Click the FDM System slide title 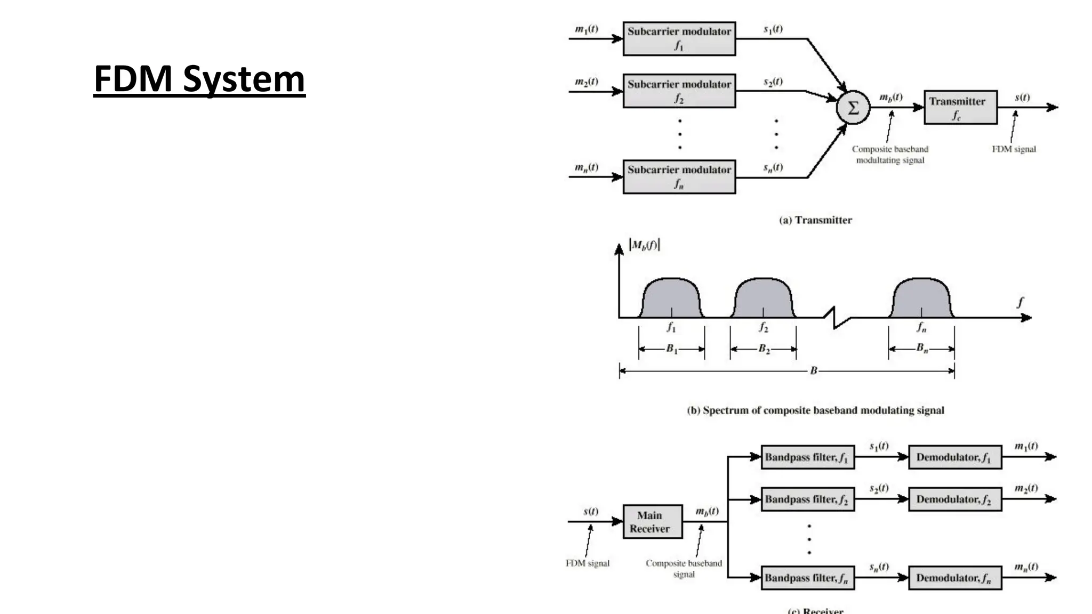coord(199,79)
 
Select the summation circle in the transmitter coord(853,108)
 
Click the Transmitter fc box coord(960,107)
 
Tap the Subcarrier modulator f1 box coord(679,38)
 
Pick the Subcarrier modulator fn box coord(679,176)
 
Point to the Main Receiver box coord(652,522)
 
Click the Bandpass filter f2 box coord(807,499)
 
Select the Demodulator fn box coord(954,578)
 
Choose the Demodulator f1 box coord(954,457)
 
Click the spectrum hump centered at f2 coord(763,297)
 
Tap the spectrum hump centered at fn coord(921,297)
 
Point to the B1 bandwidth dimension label coord(671,349)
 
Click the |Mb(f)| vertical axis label coord(645,245)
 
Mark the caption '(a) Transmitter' coord(815,220)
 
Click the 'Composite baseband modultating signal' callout coord(890,155)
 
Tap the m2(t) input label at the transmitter coord(586,82)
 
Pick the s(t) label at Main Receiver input coord(590,511)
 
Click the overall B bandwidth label coord(813,370)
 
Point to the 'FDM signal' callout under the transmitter coord(1014,149)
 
